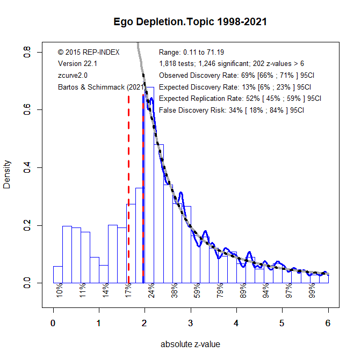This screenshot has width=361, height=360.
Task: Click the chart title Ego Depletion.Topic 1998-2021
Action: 190,22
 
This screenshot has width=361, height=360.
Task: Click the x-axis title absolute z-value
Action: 190,344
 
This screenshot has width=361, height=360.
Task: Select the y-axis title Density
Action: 7,174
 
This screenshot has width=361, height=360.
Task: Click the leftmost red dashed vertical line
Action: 129,188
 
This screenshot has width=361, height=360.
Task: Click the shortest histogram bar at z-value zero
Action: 57,275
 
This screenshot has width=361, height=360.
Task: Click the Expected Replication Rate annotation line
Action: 240,99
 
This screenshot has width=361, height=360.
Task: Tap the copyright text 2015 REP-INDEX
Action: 89,52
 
